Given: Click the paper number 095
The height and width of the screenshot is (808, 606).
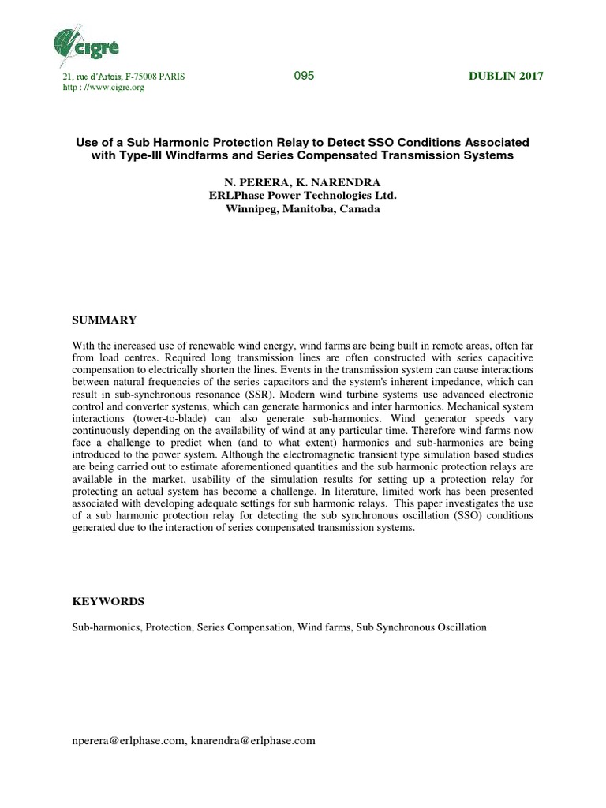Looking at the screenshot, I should [x=304, y=76].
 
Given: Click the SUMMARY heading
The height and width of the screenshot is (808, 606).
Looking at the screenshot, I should [x=104, y=320].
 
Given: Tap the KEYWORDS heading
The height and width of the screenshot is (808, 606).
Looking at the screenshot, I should [x=108, y=601].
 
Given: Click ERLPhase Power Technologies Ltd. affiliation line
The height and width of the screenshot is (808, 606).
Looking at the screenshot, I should [x=302, y=196].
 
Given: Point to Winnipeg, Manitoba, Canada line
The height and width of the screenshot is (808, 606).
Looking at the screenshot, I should [x=302, y=209].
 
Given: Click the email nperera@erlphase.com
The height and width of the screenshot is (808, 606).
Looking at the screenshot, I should [x=129, y=740].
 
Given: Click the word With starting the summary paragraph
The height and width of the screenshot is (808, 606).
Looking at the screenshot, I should [x=84, y=345].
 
